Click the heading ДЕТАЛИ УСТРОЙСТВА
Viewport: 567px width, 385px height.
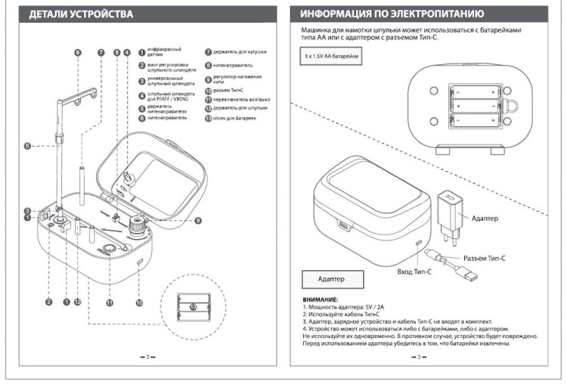click(x=81, y=14)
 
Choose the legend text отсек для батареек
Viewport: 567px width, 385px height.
click(x=234, y=119)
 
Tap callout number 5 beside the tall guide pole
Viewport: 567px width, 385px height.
click(x=27, y=146)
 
